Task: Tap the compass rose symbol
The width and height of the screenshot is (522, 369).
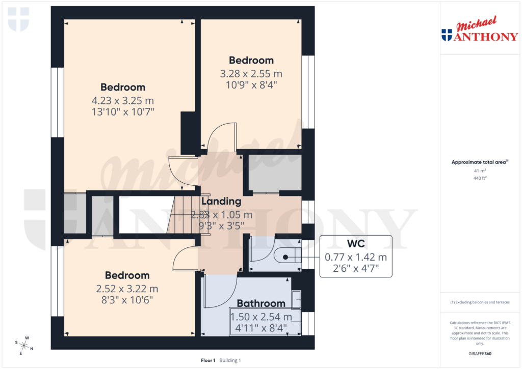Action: (24, 345)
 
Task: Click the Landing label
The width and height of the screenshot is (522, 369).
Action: (221, 202)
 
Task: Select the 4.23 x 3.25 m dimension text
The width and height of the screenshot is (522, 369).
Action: (122, 100)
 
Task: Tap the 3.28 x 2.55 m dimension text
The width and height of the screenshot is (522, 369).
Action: (251, 73)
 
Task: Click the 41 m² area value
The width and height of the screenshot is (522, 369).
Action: (480, 171)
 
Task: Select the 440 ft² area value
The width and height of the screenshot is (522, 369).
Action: (480, 179)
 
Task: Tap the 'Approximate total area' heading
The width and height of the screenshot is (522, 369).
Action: (479, 162)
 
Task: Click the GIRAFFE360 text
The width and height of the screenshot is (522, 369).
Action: (480, 354)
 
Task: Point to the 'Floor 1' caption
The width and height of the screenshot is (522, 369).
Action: (208, 360)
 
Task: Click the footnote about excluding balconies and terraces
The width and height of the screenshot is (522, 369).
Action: (480, 302)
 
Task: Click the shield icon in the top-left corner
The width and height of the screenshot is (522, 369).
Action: (18, 19)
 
